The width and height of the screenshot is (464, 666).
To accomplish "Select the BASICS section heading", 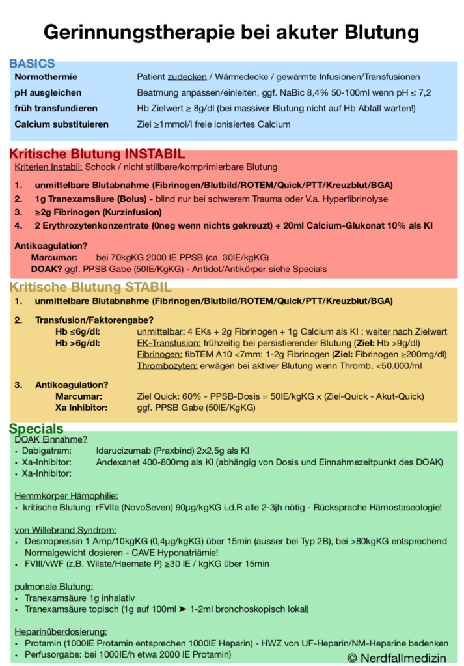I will point(32,64).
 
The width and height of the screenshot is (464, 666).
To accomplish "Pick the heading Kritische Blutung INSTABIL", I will point(97,154).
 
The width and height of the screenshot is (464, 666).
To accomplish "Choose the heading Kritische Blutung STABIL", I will point(90,287).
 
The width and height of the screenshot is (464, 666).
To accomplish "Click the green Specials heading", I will point(36,428).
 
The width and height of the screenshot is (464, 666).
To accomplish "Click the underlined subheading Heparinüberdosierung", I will point(61,631).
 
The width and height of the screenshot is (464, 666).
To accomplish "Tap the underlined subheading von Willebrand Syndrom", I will point(65,529).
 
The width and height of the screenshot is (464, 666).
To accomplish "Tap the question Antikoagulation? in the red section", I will point(51,245).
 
